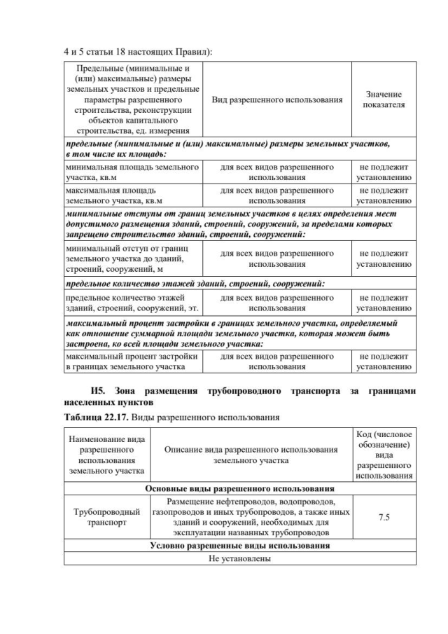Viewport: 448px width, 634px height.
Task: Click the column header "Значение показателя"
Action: (x=383, y=99)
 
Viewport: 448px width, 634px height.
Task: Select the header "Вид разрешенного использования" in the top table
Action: (x=276, y=99)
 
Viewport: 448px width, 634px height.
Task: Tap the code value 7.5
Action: (x=384, y=517)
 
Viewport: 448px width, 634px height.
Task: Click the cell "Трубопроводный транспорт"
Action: (x=103, y=517)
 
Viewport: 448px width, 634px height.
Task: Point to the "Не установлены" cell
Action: (x=239, y=558)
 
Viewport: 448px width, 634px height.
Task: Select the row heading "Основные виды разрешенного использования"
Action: (x=239, y=488)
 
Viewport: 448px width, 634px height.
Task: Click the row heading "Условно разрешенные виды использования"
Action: (x=239, y=545)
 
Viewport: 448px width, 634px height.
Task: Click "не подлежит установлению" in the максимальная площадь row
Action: (x=384, y=195)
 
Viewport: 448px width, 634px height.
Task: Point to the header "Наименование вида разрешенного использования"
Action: (x=103, y=454)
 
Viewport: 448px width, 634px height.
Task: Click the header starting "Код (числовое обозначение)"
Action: (x=384, y=454)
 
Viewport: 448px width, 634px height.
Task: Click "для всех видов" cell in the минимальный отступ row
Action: (x=276, y=259)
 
